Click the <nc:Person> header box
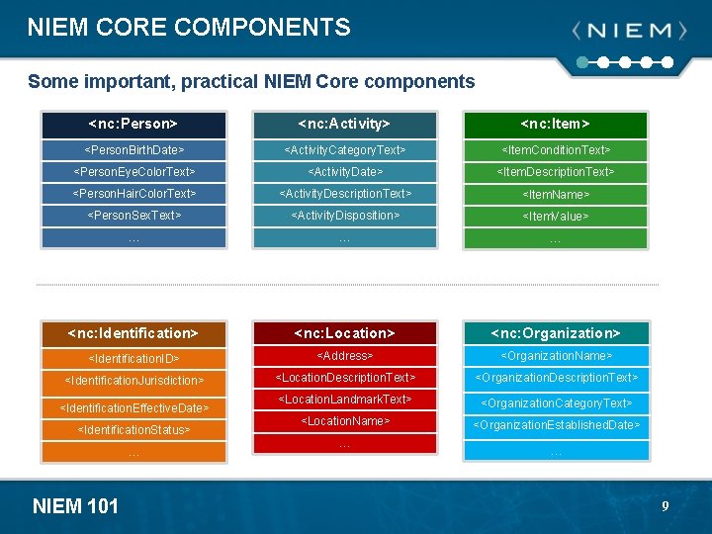133,125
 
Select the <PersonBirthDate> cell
133,150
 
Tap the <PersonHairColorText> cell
133,194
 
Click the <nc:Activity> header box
344,125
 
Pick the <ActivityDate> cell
344,172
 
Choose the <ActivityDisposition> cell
344,216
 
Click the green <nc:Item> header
556,125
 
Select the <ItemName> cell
556,195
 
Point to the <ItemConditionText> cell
556,150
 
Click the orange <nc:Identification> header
133,333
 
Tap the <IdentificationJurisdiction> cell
133,381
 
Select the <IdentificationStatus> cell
133,430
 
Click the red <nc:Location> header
344,333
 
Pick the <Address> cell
344,356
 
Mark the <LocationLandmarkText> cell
344,400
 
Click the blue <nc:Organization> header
556,333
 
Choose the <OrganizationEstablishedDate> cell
556,426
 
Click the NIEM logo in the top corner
629,32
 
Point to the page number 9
666,506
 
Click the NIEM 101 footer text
75,506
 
